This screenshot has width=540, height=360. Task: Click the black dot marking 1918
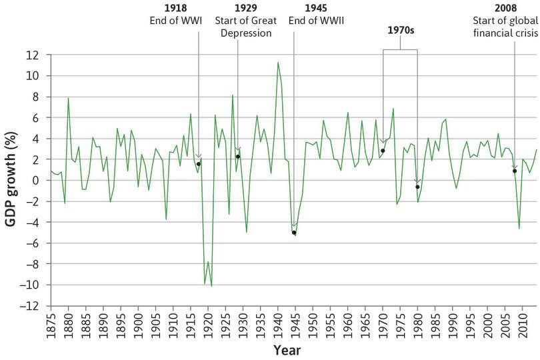pyautogui.click(x=199, y=164)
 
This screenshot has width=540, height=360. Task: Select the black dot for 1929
pyautogui.click(x=238, y=157)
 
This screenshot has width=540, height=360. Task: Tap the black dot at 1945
pyautogui.click(x=294, y=233)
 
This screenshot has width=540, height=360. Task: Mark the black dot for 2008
pyautogui.click(x=515, y=171)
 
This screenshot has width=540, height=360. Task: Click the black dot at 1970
pyautogui.click(x=383, y=151)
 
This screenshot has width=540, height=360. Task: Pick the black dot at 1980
pyautogui.click(x=417, y=187)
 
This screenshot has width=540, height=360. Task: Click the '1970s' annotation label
pyautogui.click(x=400, y=31)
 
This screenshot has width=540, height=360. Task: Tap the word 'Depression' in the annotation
pyautogui.click(x=238, y=33)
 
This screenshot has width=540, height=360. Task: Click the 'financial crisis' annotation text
pyautogui.click(x=514, y=33)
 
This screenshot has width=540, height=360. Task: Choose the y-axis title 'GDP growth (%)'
pyautogui.click(x=11, y=181)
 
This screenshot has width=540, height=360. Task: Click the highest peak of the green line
pyautogui.click(x=277, y=62)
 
